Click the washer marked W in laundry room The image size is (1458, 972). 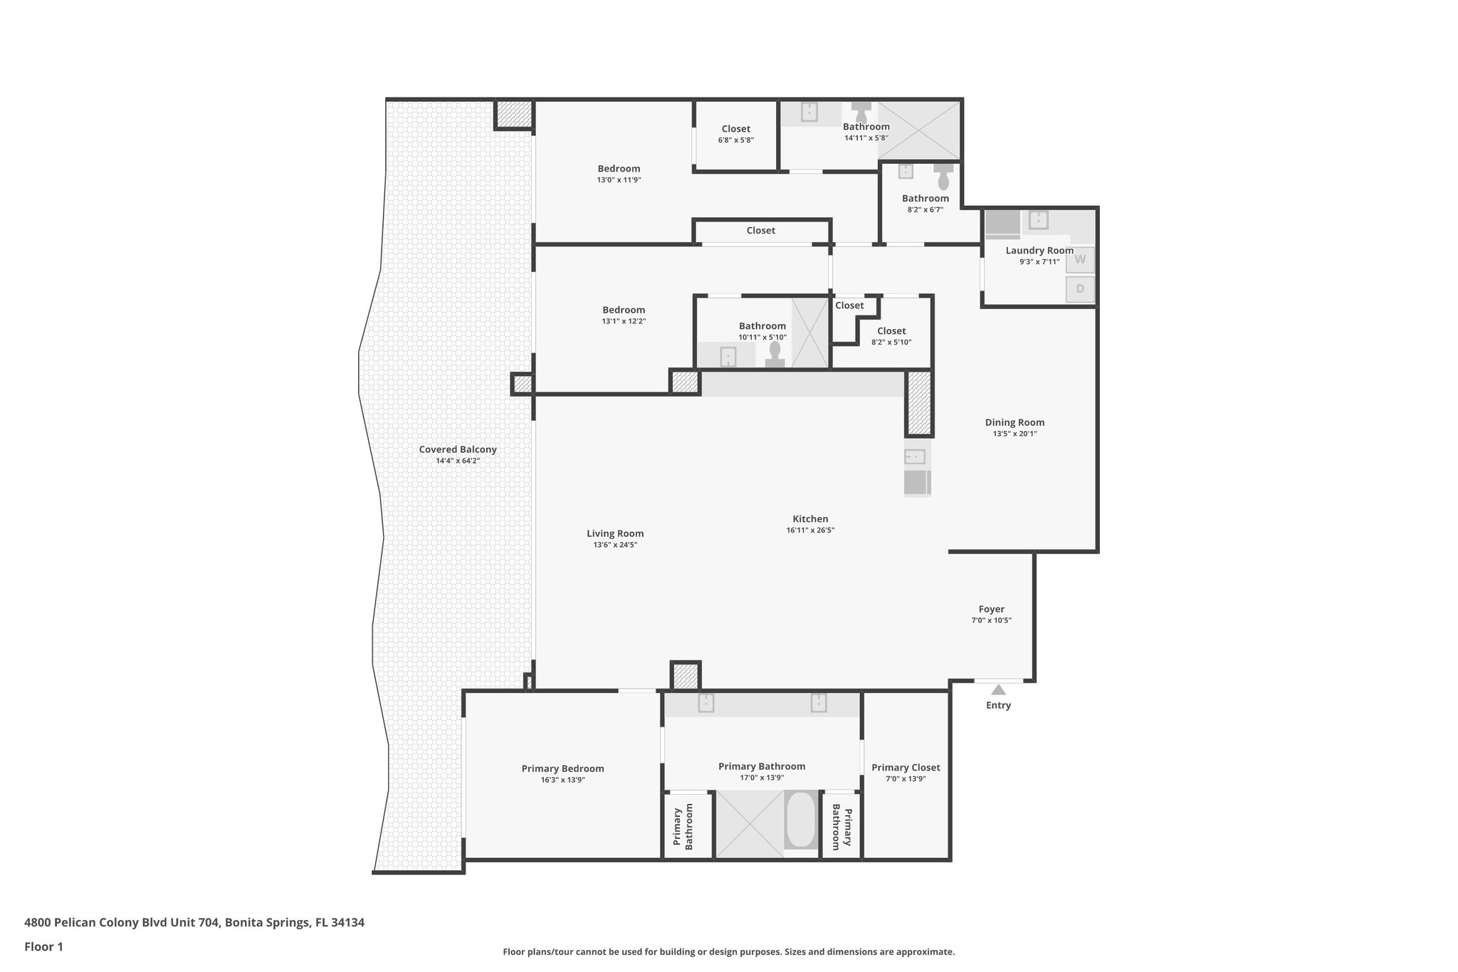point(1079,259)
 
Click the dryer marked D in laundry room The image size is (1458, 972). point(1079,289)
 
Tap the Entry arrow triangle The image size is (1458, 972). point(998,689)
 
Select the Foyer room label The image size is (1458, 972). point(991,609)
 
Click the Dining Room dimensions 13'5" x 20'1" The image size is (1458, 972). point(1014,434)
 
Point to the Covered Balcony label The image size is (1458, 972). point(457,449)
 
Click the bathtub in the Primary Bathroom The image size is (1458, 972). point(801,820)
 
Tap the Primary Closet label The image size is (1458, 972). point(906,767)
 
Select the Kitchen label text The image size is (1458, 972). point(810,518)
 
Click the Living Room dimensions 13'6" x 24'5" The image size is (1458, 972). point(615,545)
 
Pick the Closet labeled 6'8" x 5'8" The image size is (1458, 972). point(735,134)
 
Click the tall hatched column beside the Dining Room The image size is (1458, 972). point(918,403)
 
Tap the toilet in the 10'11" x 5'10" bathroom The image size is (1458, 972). point(775,352)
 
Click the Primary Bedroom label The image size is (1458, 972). point(562,768)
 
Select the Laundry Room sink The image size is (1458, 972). point(1038,219)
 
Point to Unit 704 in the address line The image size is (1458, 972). point(196,923)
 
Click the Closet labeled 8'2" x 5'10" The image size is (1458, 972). point(891,336)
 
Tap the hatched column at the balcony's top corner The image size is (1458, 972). point(513,114)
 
